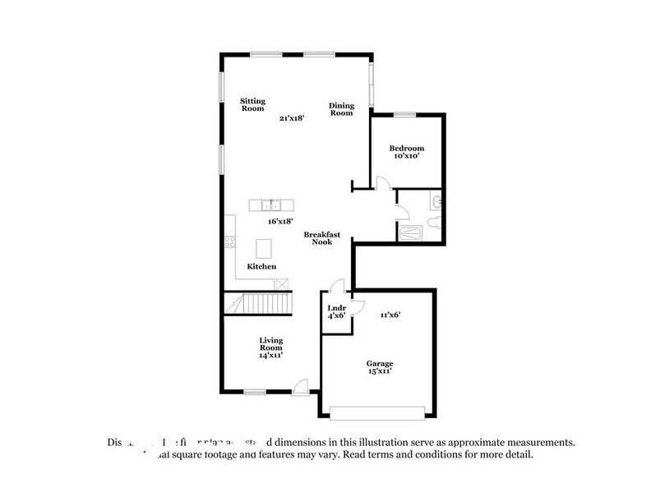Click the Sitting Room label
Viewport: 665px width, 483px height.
pos(252,104)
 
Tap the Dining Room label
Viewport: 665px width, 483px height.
pos(341,108)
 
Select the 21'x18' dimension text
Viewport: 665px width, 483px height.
pos(292,118)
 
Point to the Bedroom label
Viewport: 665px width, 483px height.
pos(406,149)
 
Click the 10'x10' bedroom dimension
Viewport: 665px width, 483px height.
pos(406,158)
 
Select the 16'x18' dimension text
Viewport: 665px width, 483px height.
pos(280,221)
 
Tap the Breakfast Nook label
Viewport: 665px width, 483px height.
pos(322,238)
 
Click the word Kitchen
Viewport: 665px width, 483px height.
pos(262,267)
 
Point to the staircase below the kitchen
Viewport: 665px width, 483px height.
pos(258,304)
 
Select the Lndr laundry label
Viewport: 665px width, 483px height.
pos(335,310)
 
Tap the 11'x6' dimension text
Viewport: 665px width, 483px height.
pos(390,314)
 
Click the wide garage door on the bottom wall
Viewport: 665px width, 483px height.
pos(378,410)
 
